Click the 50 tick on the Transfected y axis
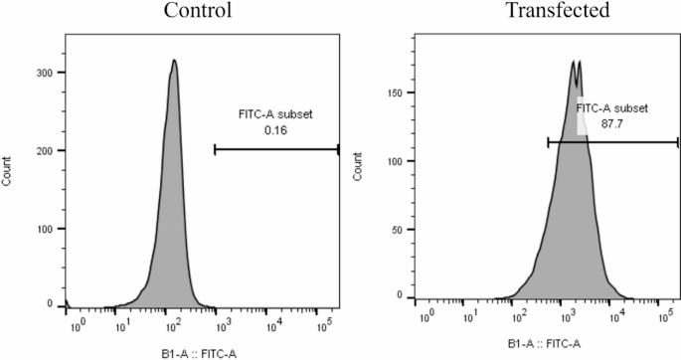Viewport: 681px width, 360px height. point(397,229)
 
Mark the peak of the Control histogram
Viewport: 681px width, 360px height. point(174,61)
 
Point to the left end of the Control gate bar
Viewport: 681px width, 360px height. point(215,150)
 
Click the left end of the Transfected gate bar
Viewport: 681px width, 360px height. point(548,142)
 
